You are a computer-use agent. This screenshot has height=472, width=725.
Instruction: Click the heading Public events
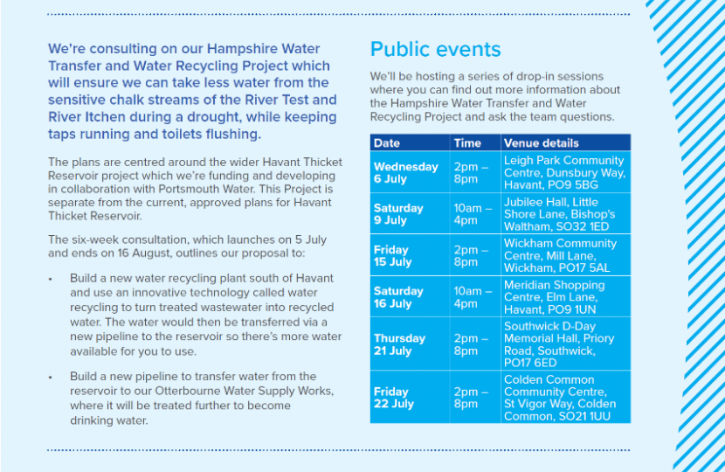[x=436, y=49]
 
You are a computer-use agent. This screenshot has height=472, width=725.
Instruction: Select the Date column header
[x=387, y=142]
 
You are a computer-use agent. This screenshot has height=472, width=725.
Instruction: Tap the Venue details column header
[x=541, y=142]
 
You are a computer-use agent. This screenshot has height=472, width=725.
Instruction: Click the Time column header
[x=467, y=142]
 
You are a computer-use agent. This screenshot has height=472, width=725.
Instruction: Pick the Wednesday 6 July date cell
[x=406, y=173]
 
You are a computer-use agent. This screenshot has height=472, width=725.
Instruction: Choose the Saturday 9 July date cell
[x=398, y=215]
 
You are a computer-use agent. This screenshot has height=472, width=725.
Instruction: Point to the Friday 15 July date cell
[x=392, y=256]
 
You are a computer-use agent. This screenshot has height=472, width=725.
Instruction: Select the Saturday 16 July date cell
[x=398, y=297]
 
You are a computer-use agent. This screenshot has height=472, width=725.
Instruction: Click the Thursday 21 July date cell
[x=400, y=344]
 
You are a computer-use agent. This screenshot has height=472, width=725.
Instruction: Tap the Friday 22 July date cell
[x=392, y=399]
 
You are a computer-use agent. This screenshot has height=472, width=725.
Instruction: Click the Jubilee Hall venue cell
[x=559, y=215]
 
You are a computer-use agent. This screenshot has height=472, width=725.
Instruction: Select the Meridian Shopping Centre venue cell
[x=555, y=297]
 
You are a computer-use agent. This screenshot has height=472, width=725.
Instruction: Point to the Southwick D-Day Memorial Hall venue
[x=559, y=344]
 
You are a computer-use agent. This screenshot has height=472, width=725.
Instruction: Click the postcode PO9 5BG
[x=575, y=185]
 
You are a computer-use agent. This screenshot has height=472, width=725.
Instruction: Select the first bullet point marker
[x=51, y=279]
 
